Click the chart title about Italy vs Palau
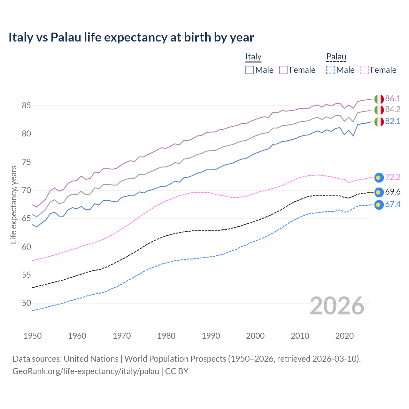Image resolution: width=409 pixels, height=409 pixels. (131, 37)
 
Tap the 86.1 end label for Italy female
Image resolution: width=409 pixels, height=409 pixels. (393, 98)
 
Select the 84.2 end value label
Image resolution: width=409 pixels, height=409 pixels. (393, 110)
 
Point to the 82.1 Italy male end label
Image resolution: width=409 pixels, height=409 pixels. (393, 121)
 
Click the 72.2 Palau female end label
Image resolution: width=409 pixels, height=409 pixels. (393, 177)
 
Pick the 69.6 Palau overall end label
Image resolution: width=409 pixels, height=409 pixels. (393, 192)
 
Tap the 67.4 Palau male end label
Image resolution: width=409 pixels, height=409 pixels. (393, 204)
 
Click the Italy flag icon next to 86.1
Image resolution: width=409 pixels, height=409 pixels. (379, 99)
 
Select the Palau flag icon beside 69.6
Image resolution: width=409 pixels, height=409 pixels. (379, 192)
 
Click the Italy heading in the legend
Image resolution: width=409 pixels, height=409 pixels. (253, 57)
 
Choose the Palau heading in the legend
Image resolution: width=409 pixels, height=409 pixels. (336, 57)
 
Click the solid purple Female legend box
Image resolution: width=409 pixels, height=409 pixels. (283, 70)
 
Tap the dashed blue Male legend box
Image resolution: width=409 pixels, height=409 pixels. (330, 70)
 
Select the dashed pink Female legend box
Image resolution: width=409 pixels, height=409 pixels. (364, 70)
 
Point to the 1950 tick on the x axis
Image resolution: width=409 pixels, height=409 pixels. (33, 336)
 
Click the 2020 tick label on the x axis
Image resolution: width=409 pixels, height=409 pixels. (344, 336)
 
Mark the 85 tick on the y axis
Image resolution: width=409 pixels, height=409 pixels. (27, 105)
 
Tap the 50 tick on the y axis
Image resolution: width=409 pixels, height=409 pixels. (27, 303)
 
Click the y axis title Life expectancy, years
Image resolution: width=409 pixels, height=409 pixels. (13, 204)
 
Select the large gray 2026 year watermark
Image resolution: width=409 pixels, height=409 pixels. (337, 306)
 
